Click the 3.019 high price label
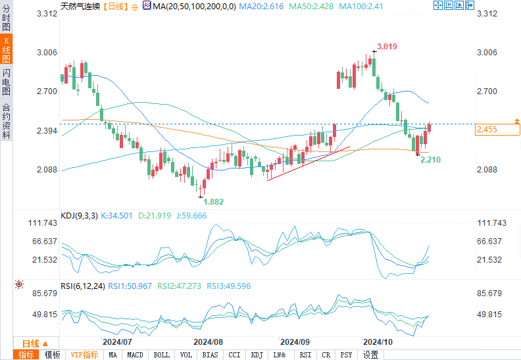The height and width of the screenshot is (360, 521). [387, 47]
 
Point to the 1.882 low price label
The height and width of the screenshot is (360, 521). [213, 202]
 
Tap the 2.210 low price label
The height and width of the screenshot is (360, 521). [431, 160]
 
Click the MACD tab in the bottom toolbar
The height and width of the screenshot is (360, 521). [135, 355]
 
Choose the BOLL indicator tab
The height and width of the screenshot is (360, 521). [161, 355]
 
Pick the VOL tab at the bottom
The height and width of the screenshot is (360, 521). [186, 355]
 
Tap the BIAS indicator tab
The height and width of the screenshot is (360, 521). [211, 355]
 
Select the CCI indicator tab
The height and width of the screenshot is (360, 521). [234, 355]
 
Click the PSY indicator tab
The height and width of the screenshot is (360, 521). [345, 355]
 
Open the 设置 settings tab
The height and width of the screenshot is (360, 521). [371, 355]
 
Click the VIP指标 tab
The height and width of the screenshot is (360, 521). [85, 355]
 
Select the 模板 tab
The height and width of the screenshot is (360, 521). [53, 355]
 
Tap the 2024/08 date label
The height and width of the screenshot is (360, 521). [208, 342]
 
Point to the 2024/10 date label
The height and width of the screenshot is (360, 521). [378, 342]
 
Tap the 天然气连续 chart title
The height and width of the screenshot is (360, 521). [80, 5]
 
